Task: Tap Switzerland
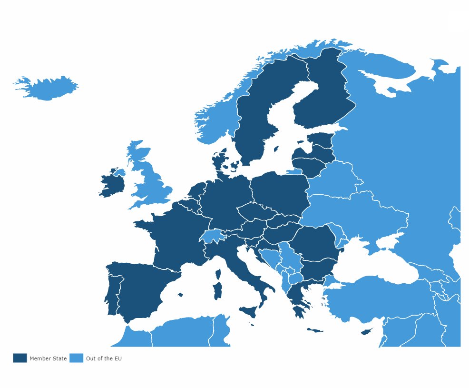(x=211, y=236)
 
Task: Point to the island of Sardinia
(x=218, y=290)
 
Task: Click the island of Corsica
(x=219, y=274)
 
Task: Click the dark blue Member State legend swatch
(x=20, y=358)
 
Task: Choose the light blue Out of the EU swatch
(x=76, y=358)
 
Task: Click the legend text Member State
(x=48, y=358)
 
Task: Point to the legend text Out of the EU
(x=104, y=358)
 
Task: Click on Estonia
(x=321, y=140)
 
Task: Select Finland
(x=323, y=95)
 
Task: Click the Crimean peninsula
(x=383, y=243)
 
